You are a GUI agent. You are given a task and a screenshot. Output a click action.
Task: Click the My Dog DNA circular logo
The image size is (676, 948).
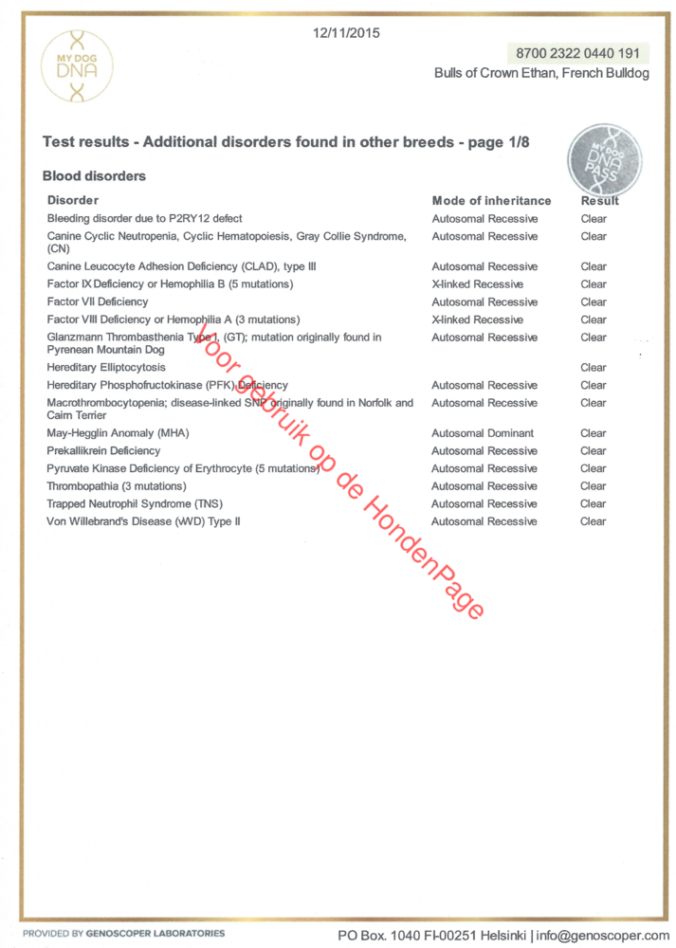pos(77,66)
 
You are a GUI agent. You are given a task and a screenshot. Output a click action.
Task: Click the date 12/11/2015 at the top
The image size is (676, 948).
pos(345,33)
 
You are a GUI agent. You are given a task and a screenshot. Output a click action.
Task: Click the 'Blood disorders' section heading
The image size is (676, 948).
pos(94,176)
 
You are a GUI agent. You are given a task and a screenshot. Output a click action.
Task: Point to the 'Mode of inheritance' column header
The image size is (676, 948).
pos(491,201)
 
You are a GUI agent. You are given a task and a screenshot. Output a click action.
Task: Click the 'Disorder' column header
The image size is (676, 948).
pos(73,201)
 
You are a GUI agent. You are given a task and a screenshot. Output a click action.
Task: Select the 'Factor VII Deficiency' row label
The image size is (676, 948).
pos(98,301)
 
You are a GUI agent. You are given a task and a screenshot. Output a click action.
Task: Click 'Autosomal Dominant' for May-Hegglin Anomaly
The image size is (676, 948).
pos(483,433)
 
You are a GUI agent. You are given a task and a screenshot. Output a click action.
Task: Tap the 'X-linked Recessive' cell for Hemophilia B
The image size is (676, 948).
pos(477,284)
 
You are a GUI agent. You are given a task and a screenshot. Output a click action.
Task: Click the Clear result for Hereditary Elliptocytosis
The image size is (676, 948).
pos(594,368)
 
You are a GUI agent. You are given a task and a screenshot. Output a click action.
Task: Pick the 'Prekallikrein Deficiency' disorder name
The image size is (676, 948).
pos(104,451)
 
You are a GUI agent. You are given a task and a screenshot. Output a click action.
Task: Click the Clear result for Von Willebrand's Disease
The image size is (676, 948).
pos(594,521)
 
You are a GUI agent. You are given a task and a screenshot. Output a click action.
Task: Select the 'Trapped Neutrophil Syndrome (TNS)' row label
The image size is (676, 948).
pos(135,504)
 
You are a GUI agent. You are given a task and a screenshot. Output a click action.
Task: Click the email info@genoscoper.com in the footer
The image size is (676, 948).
pos(602,935)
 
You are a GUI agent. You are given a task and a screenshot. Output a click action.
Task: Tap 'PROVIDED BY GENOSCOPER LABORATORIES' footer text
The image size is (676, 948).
pos(124,934)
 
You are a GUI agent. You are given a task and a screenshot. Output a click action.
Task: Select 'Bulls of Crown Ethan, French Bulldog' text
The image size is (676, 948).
pos(541,74)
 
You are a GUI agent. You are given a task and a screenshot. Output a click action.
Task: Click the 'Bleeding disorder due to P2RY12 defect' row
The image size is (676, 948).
pos(145,219)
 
